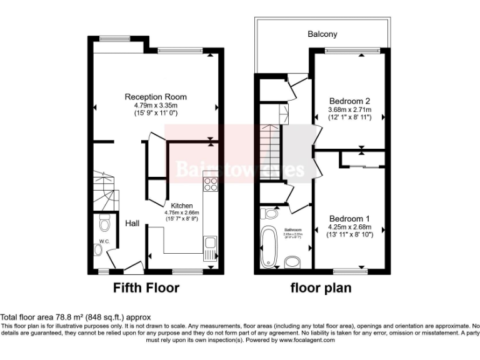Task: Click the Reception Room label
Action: (x=156, y=97)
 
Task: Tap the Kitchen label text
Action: (x=181, y=205)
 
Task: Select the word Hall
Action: (x=132, y=223)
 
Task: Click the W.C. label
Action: (x=104, y=241)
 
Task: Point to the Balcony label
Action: (x=322, y=34)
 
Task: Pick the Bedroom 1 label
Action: (x=349, y=218)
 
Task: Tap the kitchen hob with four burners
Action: (x=211, y=184)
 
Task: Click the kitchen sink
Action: (x=209, y=244)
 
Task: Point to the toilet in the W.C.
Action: (x=104, y=222)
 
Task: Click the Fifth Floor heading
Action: (x=146, y=288)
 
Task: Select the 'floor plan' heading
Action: (x=321, y=288)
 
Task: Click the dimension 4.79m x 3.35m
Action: (x=156, y=106)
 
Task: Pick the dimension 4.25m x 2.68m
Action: (x=349, y=227)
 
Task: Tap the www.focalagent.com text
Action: (x=307, y=341)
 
